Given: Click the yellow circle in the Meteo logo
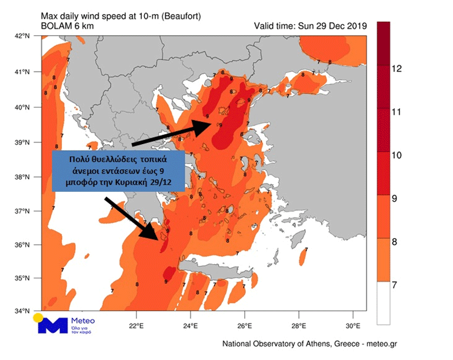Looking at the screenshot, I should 38,318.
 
